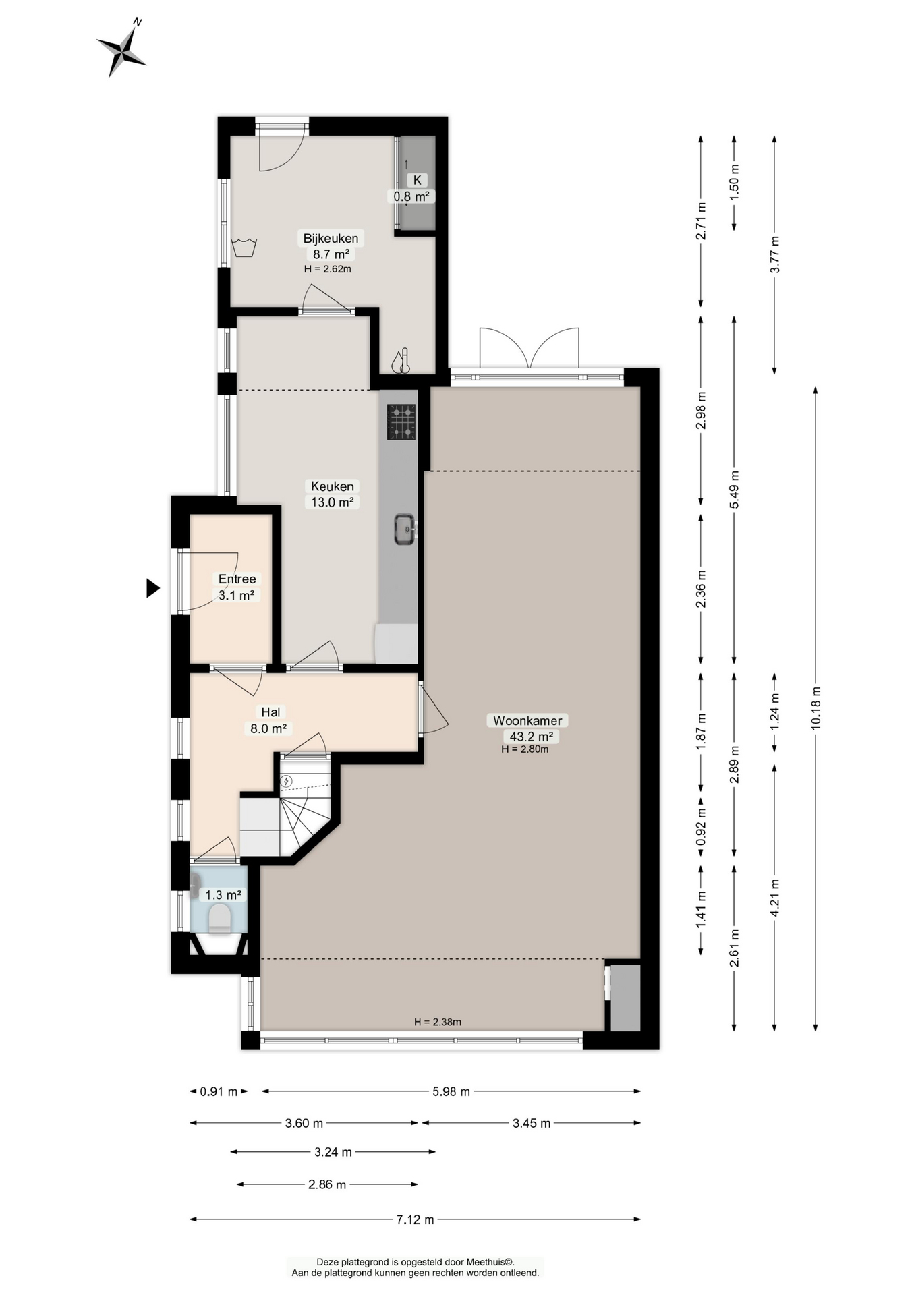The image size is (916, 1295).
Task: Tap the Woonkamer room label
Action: click(x=527, y=720)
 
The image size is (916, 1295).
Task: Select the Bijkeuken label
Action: click(x=331, y=238)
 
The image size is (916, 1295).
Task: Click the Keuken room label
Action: click(x=333, y=486)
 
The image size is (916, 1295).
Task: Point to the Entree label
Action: click(x=237, y=579)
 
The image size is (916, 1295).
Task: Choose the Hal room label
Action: click(x=270, y=712)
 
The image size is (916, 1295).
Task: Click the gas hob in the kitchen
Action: click(x=401, y=422)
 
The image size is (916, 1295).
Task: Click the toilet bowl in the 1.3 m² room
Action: click(x=220, y=919)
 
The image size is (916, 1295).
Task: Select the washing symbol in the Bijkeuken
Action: click(x=244, y=248)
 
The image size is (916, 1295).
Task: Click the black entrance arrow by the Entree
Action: click(x=153, y=588)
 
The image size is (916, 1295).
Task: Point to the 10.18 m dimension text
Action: click(x=815, y=708)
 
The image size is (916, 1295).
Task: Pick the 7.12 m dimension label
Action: click(x=416, y=1219)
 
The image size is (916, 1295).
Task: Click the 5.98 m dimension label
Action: click(x=451, y=1091)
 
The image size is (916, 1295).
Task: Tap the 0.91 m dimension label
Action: click(x=219, y=1091)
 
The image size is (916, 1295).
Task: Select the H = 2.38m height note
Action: click(x=438, y=1022)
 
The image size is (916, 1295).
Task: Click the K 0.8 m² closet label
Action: click(x=412, y=188)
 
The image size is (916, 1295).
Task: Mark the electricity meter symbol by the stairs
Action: click(x=287, y=781)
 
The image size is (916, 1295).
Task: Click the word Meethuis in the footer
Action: click(x=488, y=1262)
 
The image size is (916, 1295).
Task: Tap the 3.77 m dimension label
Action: click(x=774, y=254)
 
